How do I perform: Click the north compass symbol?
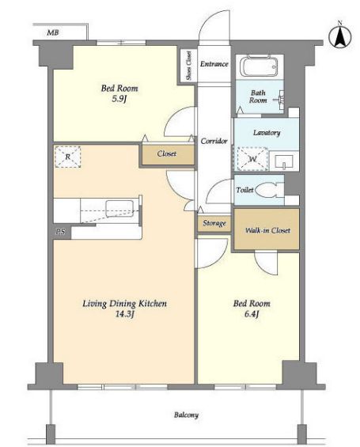coord(339,36)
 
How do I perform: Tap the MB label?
coord(53,32)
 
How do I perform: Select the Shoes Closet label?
coord(188,66)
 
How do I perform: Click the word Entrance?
coord(214,64)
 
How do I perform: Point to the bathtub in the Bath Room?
coord(259,67)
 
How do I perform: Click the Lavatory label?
coord(267,133)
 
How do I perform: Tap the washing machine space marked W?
coord(252,159)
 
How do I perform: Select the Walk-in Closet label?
coord(267,230)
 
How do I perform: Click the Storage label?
coord(214,223)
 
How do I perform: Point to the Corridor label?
coord(214,141)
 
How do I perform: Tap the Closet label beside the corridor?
coord(167,153)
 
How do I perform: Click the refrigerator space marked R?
coord(67,157)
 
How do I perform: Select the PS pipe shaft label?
coord(61,232)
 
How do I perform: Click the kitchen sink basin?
coord(119,209)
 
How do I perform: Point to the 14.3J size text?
coord(124,314)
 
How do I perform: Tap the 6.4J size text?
coord(252,314)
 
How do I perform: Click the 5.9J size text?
coord(119,99)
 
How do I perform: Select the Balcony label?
coord(186,415)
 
